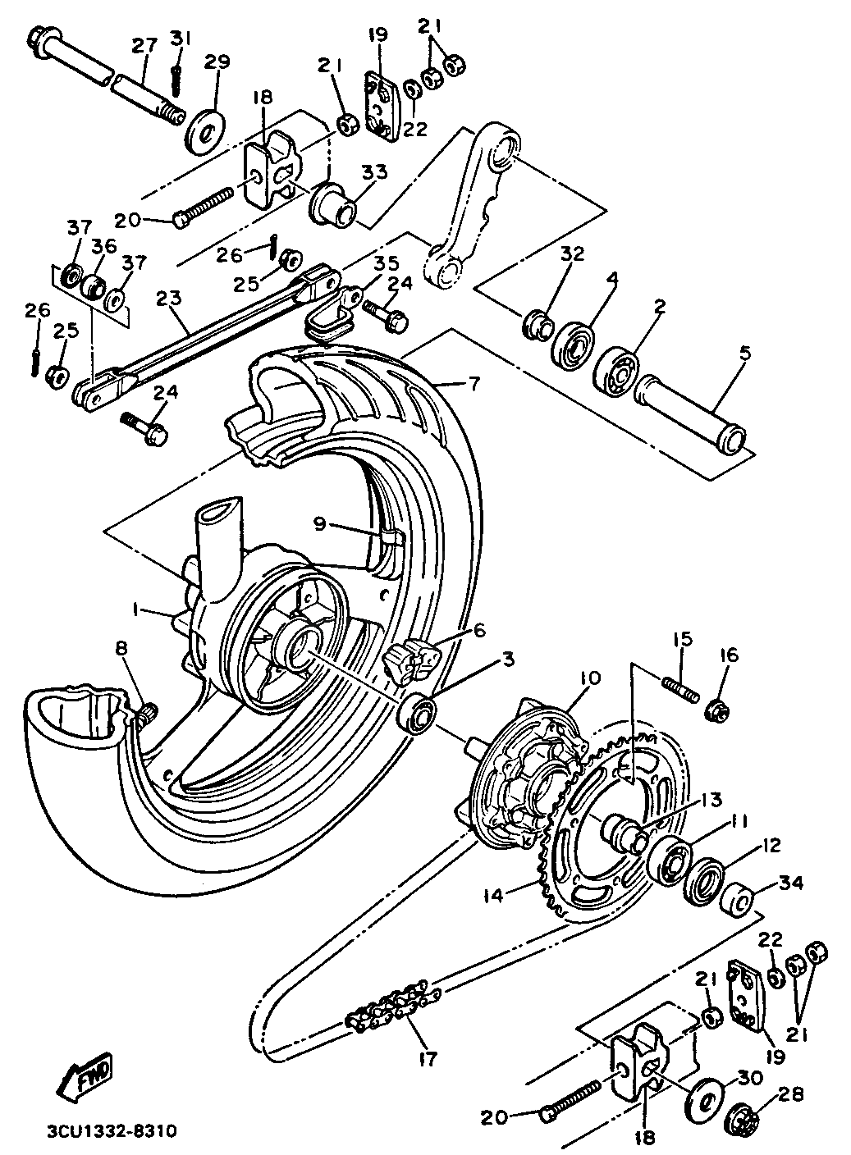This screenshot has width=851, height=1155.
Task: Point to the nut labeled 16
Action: click(x=716, y=710)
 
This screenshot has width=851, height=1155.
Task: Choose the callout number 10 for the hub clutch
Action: click(x=590, y=678)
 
